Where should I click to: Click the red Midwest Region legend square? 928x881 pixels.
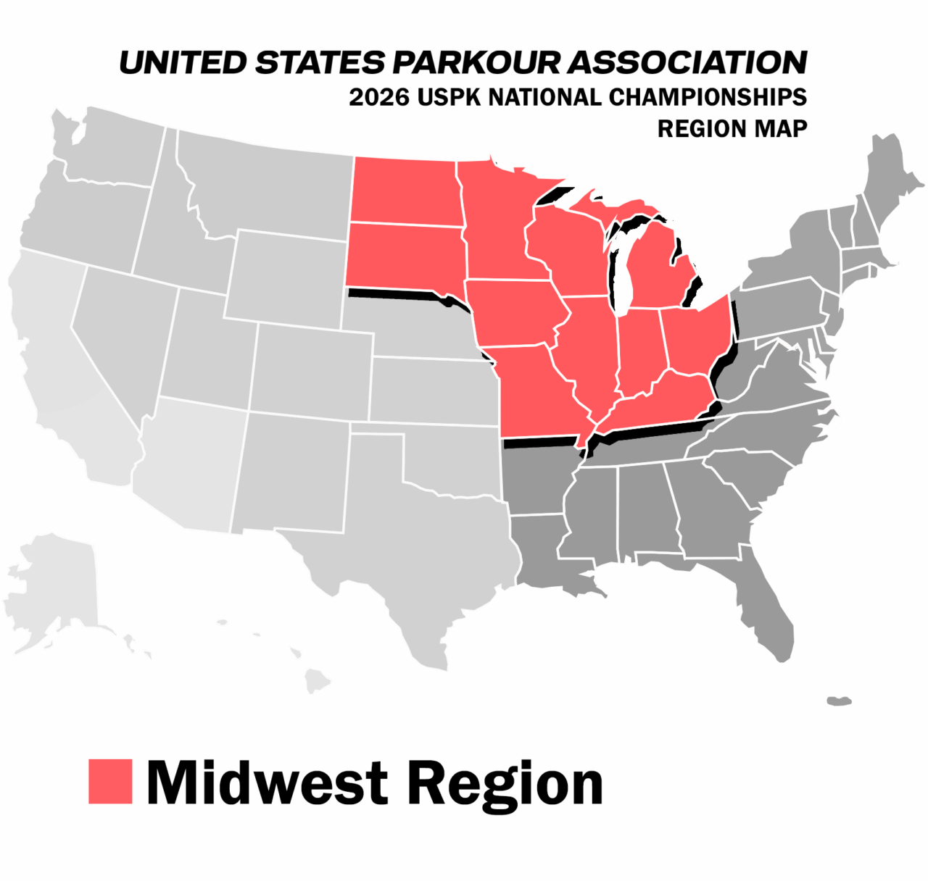(x=110, y=781)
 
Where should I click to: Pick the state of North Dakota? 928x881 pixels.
(x=405, y=192)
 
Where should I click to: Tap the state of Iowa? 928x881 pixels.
(x=515, y=312)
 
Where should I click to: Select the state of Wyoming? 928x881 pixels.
(x=286, y=279)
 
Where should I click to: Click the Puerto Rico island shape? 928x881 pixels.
(x=839, y=701)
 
